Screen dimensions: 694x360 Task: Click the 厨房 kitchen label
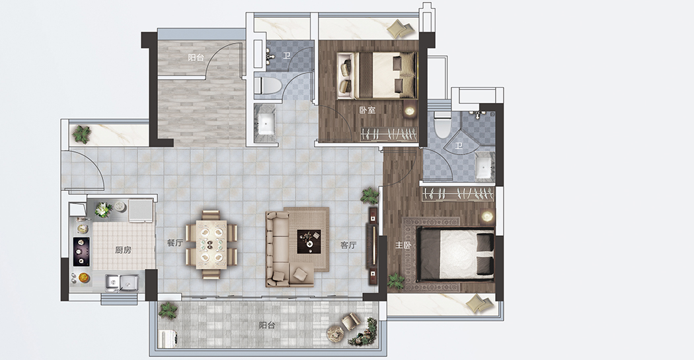click(123, 250)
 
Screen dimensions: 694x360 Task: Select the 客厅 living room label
click(348, 245)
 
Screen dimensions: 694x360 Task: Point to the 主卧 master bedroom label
click(403, 245)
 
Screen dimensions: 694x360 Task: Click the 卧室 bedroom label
click(367, 110)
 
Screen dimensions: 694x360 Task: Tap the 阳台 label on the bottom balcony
click(267, 326)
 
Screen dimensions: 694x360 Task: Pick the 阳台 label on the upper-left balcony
click(196, 57)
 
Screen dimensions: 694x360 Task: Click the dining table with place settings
click(211, 244)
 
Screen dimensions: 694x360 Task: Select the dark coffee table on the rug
click(309, 242)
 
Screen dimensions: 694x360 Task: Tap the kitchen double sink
click(122, 282)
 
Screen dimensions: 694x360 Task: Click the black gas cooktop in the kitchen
click(81, 252)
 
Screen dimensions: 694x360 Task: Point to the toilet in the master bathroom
click(442, 125)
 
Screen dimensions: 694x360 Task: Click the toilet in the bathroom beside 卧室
click(268, 85)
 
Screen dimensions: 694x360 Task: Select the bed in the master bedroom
click(456, 254)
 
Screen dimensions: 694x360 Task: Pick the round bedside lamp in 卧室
click(410, 110)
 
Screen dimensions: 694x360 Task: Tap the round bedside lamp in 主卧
click(487, 216)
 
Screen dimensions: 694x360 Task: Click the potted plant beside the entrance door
click(81, 135)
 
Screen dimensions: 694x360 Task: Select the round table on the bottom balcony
click(335, 333)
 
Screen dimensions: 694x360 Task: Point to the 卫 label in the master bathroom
click(459, 146)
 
